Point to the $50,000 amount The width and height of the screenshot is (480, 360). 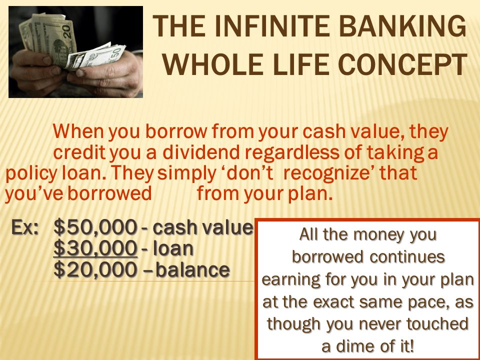[95, 228]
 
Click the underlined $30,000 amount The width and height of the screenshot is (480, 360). [95, 248]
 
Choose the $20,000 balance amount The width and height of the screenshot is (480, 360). [95, 269]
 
